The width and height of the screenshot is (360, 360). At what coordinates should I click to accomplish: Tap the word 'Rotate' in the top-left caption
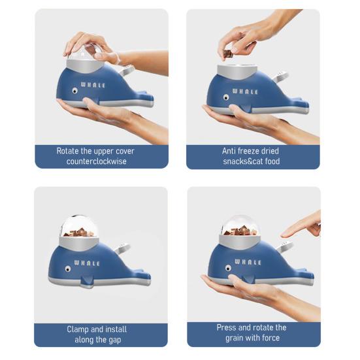pyautogui.click(x=69, y=151)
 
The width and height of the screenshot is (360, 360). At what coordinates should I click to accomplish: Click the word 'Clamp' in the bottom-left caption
pyautogui.click(x=79, y=329)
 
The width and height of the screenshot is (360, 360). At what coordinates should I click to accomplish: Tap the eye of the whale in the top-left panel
pyautogui.click(x=74, y=91)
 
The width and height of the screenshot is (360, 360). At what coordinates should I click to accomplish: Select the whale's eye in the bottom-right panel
pyautogui.click(x=227, y=267)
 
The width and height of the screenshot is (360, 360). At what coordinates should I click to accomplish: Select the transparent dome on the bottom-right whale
pyautogui.click(x=239, y=226)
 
